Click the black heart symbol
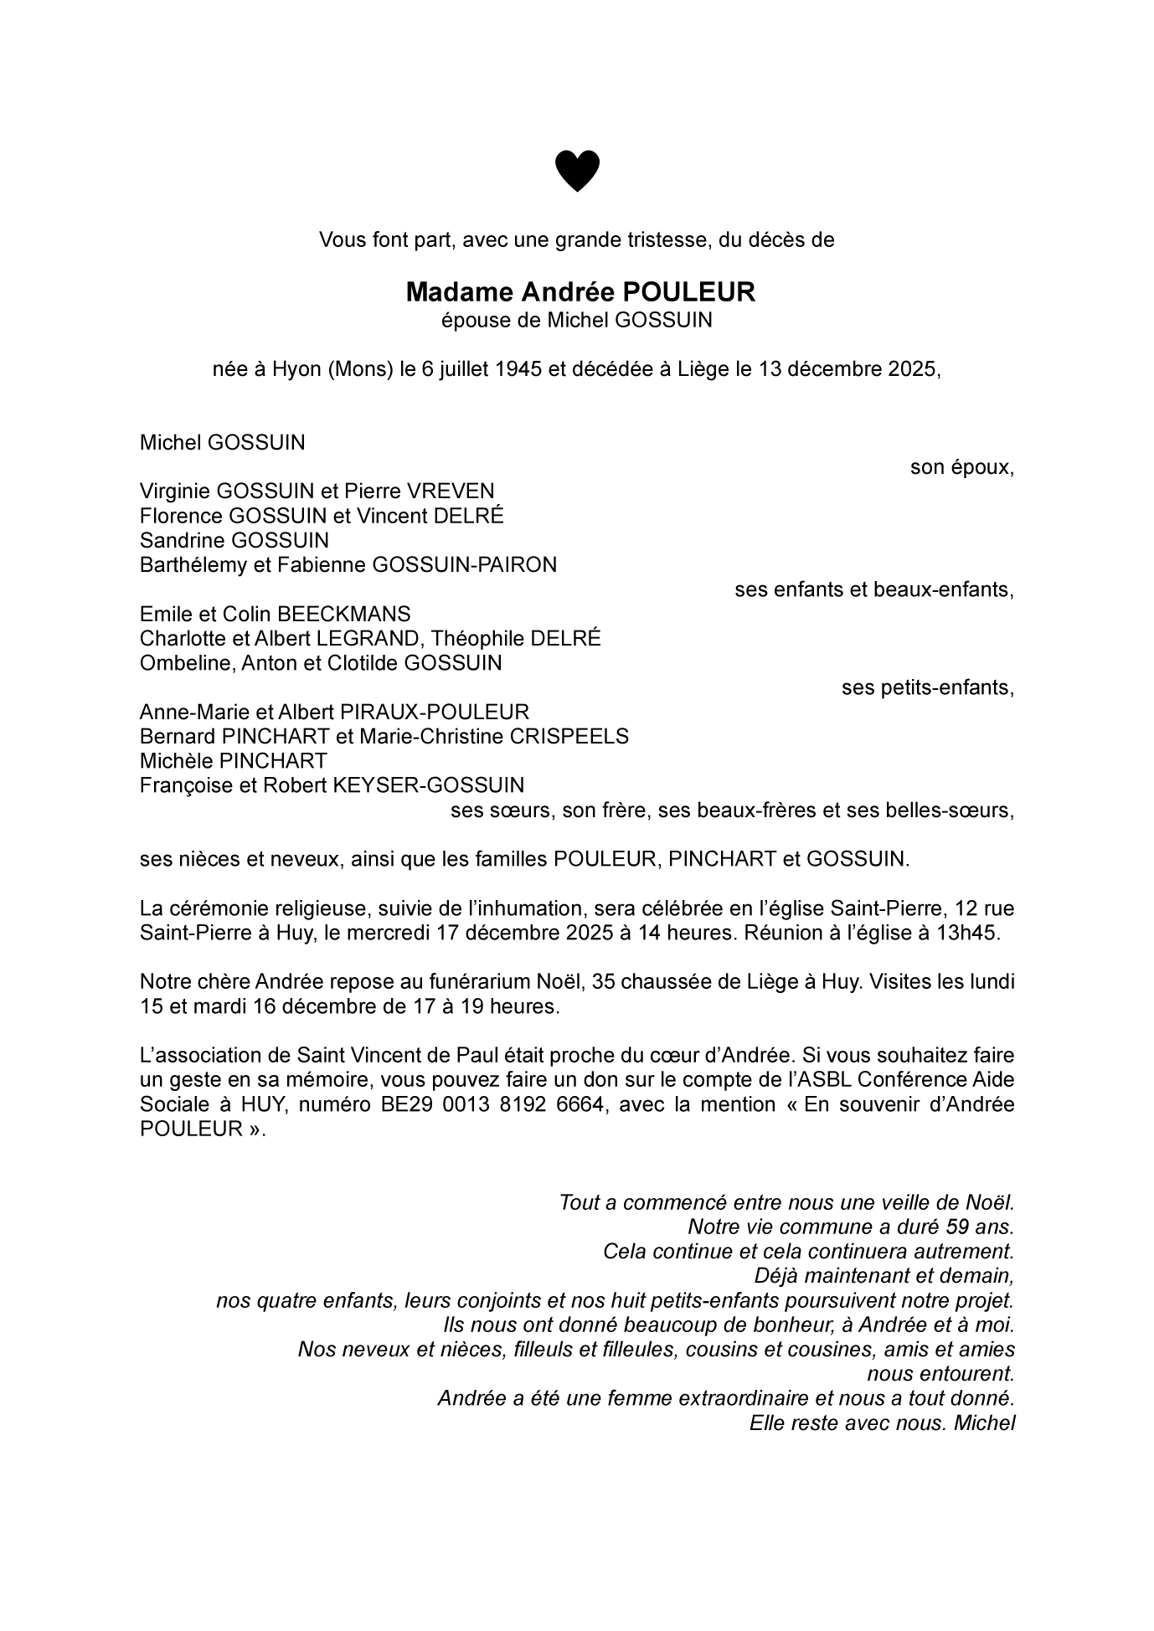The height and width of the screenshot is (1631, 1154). click(x=577, y=171)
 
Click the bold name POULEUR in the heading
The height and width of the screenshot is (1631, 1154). click(x=688, y=292)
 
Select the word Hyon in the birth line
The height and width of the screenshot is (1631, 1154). click(x=296, y=369)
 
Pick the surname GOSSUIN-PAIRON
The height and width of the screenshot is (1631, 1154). click(x=464, y=565)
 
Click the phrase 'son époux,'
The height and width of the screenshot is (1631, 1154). click(x=962, y=467)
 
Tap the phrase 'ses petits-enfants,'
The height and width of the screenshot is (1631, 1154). click(x=927, y=687)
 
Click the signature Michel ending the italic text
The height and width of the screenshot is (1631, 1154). click(x=984, y=1423)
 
